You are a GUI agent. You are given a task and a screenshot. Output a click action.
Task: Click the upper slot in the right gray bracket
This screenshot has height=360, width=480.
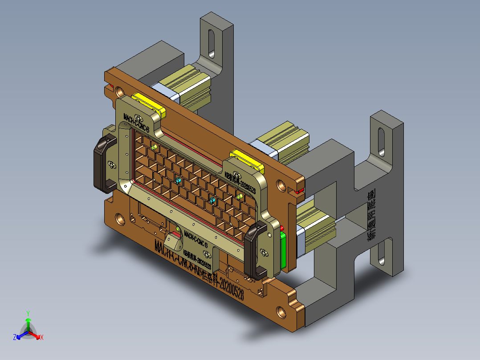tap(382, 142)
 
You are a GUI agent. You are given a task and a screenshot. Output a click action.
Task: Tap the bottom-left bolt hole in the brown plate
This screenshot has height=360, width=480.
tap(120, 219)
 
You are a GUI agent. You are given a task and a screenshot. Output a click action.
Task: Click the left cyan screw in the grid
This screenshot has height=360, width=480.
tap(179, 180)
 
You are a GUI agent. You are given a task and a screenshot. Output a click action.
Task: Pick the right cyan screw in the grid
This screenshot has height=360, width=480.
tap(212, 200)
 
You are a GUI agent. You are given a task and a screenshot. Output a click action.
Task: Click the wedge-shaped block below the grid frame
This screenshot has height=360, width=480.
tap(173, 243)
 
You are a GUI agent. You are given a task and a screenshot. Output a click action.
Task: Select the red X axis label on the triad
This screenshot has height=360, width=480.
tap(42, 338)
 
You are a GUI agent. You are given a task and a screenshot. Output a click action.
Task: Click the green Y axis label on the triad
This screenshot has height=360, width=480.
tap(28, 313)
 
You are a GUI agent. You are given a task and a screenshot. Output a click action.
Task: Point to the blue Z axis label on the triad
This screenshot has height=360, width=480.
tap(15, 338)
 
